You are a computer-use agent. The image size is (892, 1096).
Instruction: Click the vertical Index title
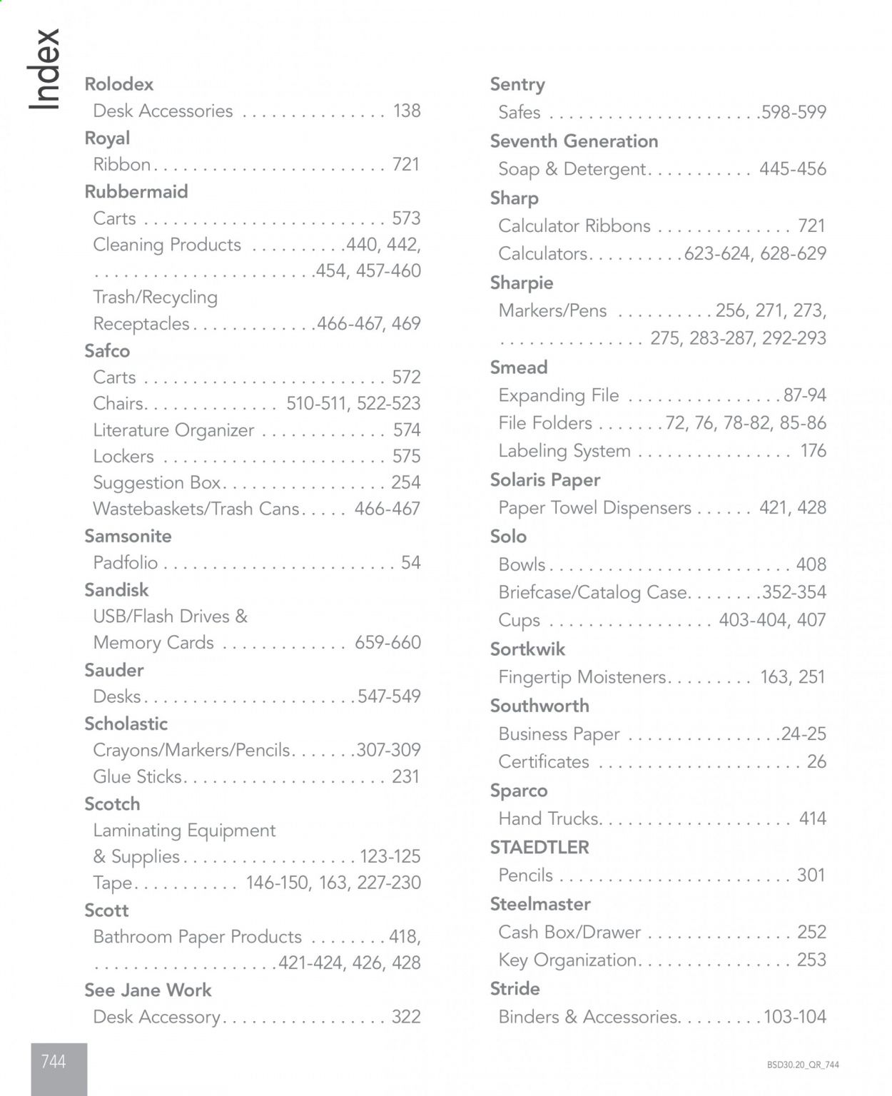click(44, 69)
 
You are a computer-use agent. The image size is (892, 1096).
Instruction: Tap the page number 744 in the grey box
click(54, 1062)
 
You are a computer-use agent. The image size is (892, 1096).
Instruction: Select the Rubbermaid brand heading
click(136, 192)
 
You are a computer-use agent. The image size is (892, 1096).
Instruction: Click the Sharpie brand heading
click(522, 283)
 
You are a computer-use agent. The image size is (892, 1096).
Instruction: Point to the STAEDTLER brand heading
click(539, 847)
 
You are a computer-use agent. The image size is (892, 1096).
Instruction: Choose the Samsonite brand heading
click(128, 536)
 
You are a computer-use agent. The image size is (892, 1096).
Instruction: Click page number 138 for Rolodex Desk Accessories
click(407, 111)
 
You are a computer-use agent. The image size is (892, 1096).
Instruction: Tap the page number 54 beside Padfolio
click(410, 562)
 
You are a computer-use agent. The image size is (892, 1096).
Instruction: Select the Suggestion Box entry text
click(157, 482)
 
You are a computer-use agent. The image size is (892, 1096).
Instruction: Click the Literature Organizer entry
click(173, 430)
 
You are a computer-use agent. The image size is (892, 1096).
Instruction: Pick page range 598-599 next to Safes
click(794, 112)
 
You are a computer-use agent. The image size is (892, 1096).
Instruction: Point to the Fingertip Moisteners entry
click(582, 676)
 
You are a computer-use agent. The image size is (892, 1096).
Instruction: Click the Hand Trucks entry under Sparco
click(549, 818)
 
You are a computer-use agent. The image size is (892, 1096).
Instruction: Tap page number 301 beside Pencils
click(811, 875)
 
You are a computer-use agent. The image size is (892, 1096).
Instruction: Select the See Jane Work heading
click(148, 990)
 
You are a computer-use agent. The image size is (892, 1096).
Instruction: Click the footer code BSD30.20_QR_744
click(803, 1065)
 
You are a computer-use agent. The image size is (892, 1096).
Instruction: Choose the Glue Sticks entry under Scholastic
click(138, 776)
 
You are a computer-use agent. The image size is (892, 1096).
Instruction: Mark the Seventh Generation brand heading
click(574, 141)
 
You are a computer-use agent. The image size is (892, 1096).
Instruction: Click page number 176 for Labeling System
click(813, 451)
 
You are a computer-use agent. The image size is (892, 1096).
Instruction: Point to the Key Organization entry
click(567, 960)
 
